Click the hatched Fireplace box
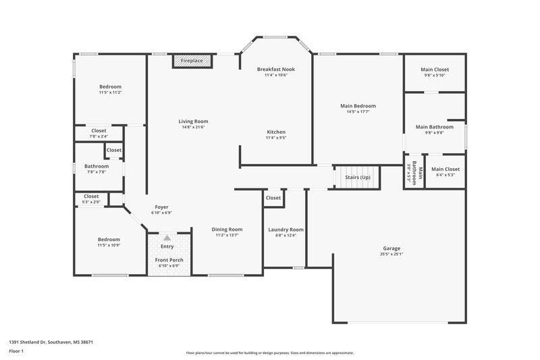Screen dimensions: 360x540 click(192, 61)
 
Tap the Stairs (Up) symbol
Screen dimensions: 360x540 click(358, 177)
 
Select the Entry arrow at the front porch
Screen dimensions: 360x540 click(166, 238)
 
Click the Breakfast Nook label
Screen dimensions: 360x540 click(275, 69)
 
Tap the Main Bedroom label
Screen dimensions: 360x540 click(358, 106)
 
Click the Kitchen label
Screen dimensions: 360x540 click(276, 132)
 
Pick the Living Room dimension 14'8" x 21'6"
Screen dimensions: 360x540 click(193, 127)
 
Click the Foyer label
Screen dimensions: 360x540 click(161, 207)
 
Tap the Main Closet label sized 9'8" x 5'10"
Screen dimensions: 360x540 click(435, 70)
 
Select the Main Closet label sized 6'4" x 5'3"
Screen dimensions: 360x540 click(446, 169)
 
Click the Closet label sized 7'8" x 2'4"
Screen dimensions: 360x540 click(99, 130)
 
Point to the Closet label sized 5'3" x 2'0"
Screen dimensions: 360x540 click(91, 197)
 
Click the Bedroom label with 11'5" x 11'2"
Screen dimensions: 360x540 click(110, 86)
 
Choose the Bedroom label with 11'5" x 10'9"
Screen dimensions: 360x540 click(109, 239)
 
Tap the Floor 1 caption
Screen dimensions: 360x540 click(16, 352)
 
